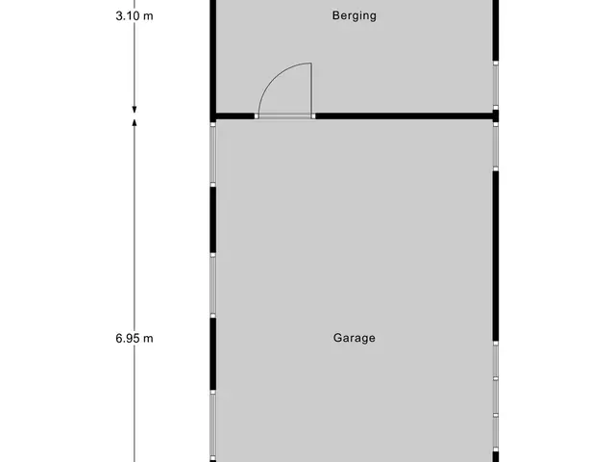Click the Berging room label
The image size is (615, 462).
355,15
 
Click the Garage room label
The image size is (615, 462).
355,338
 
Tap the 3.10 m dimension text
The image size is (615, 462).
135,15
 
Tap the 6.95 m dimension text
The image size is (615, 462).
135,338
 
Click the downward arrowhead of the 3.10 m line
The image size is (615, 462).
135,110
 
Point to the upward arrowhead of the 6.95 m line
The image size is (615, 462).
135,122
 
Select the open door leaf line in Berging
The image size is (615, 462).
311,89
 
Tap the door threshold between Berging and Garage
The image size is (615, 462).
285,116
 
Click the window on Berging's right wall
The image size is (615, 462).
496,86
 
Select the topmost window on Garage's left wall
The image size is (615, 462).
213,154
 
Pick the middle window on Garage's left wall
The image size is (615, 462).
213,285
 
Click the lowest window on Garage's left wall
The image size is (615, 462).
213,425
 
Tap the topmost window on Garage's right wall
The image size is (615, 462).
496,146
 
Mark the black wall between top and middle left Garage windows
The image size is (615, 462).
213,220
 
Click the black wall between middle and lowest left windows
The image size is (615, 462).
213,354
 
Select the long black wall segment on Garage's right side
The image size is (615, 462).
496,256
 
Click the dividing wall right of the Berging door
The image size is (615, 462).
404,116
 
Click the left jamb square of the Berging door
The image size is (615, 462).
257,116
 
